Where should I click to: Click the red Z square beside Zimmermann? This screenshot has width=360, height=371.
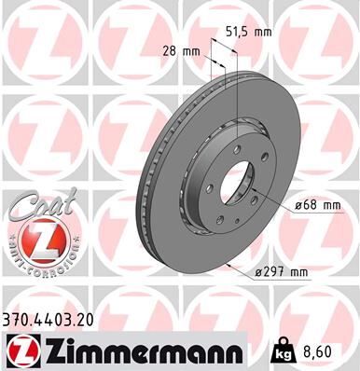(21, 350)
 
